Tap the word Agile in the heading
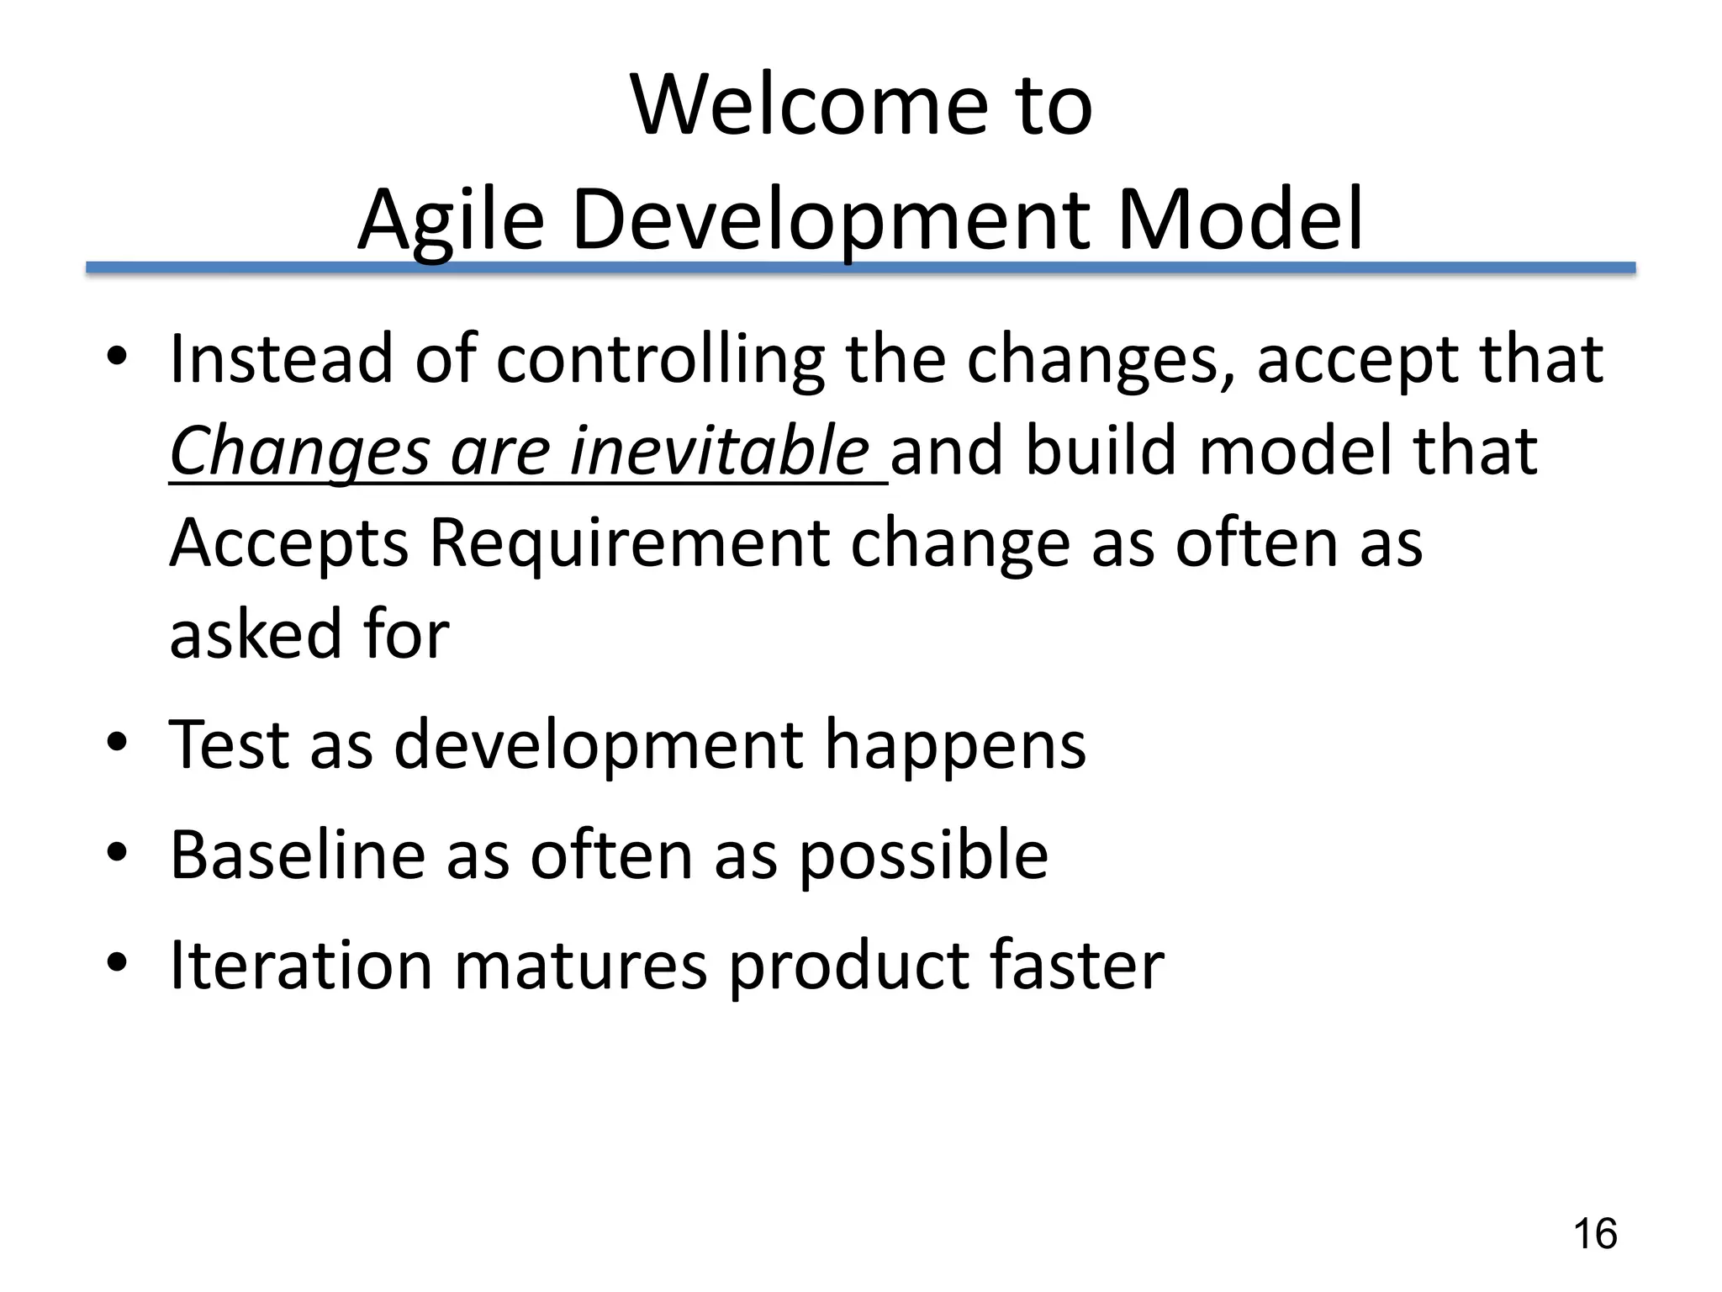(x=452, y=220)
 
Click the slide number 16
(x=1594, y=1234)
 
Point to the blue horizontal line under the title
(x=860, y=267)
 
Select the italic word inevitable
(x=719, y=451)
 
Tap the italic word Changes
(x=300, y=453)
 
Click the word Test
(x=229, y=745)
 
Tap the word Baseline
(x=298, y=855)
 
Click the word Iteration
(x=301, y=965)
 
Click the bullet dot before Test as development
(x=117, y=742)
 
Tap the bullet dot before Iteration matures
(x=117, y=961)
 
